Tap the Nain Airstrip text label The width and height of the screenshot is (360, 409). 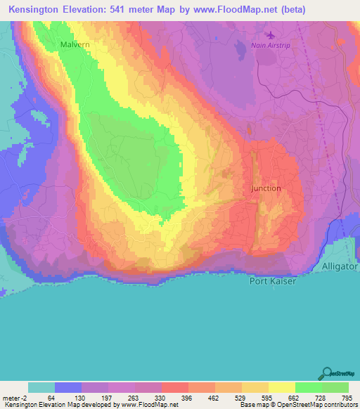[x=270, y=46]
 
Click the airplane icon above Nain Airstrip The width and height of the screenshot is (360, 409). [x=271, y=34]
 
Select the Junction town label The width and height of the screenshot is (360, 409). [x=266, y=188]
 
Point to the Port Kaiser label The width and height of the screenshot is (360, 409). [x=271, y=282]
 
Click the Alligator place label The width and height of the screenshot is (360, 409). [x=340, y=267]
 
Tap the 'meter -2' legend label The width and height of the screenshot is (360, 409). [x=14, y=398]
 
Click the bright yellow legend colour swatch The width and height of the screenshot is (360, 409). [x=281, y=387]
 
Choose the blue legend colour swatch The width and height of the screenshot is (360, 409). [x=67, y=387]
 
